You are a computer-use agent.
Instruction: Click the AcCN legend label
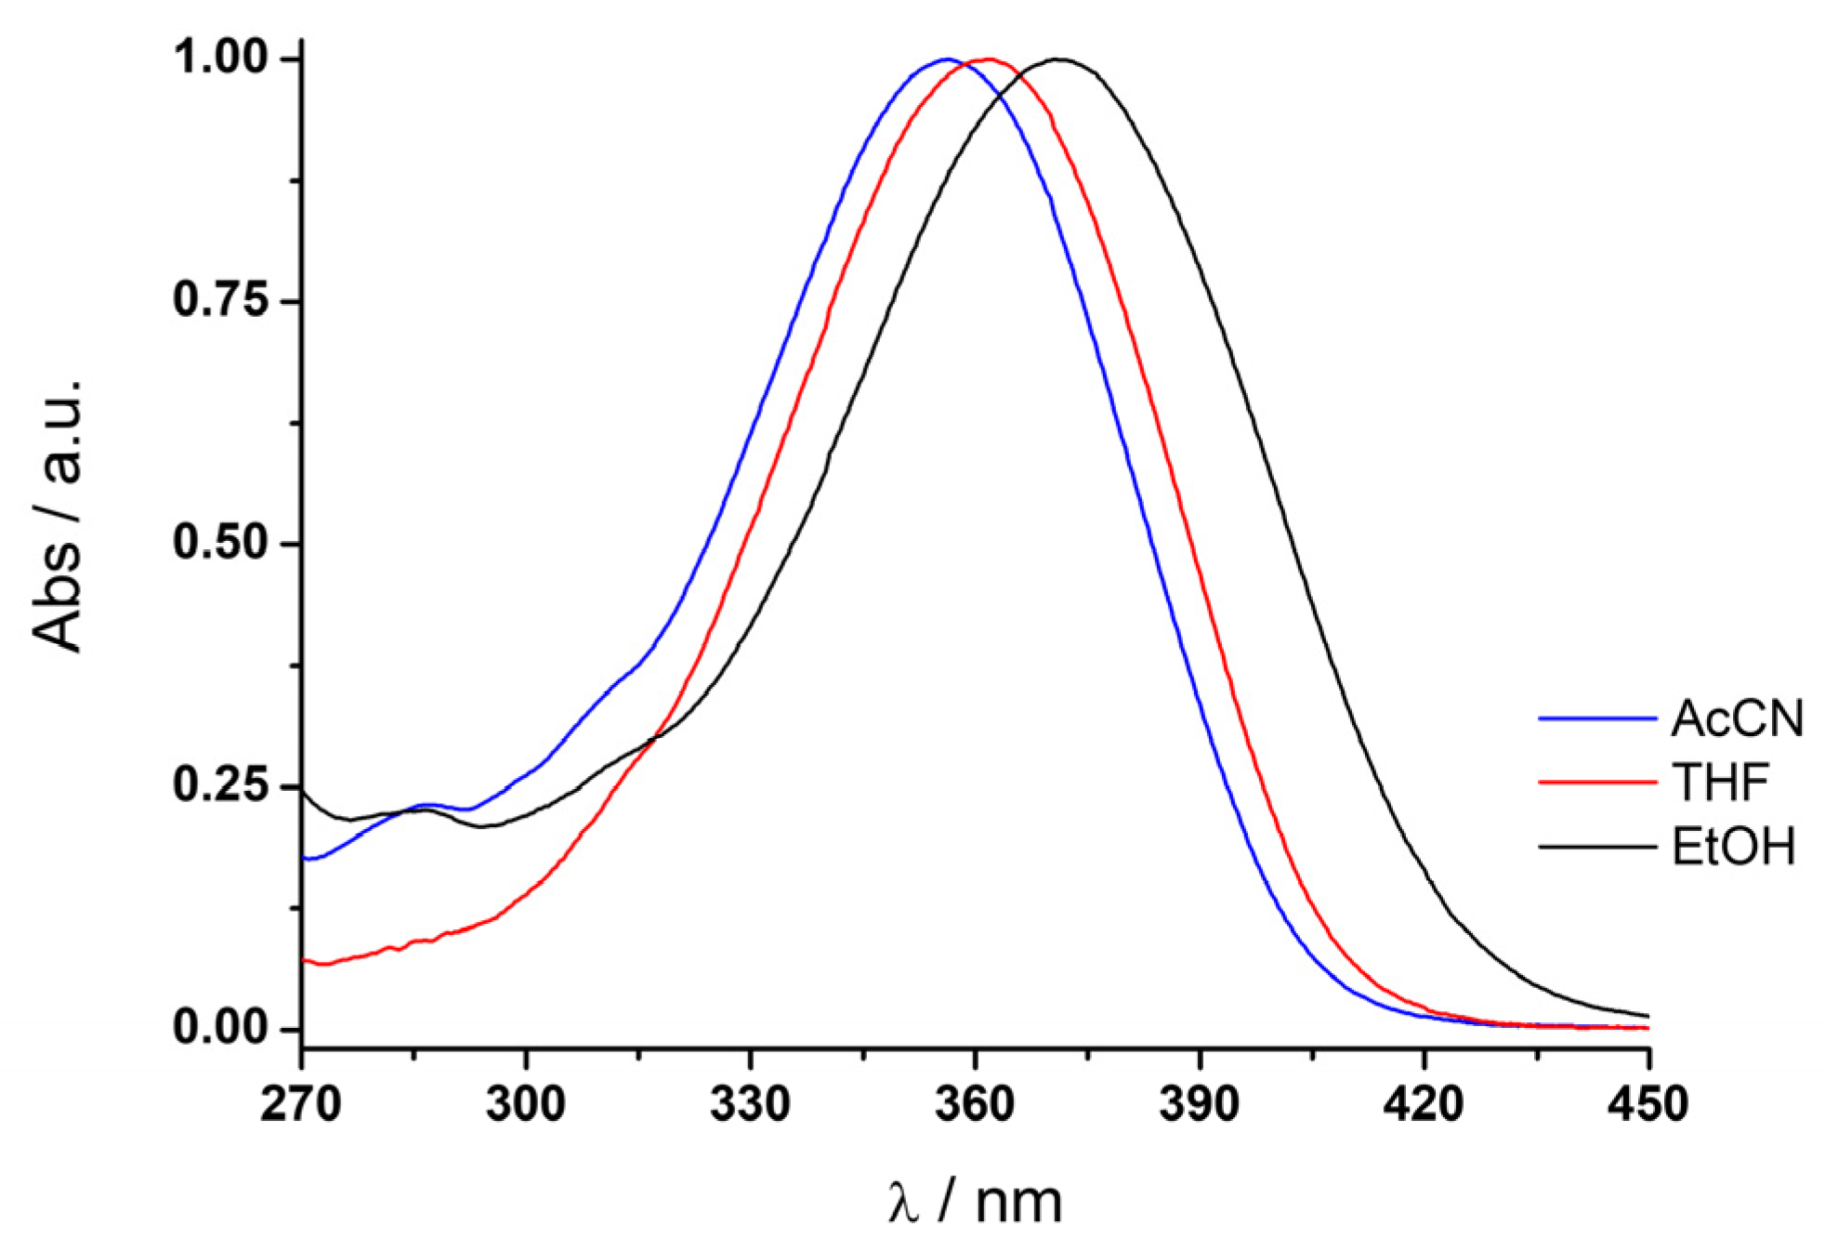pos(1736,718)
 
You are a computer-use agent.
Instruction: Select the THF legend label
pos(1720,782)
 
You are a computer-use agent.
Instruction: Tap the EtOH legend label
pos(1733,847)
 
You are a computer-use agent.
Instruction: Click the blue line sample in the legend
pos(1596,718)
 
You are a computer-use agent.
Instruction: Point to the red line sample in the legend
pos(1596,783)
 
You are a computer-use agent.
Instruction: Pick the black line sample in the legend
pos(1596,847)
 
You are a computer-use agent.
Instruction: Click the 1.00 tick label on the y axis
pos(220,58)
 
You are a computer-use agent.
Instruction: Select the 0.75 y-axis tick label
pos(220,300)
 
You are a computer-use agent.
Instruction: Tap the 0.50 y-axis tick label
pos(220,543)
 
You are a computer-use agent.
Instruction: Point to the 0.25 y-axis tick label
pos(220,785)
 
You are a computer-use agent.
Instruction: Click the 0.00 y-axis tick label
pos(220,1028)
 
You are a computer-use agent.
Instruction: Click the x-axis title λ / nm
pos(974,1202)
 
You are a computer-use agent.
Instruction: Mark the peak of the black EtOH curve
pos(1059,59)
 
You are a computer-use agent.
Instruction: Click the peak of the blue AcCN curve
pos(946,59)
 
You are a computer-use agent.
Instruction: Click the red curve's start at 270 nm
pos(305,960)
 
